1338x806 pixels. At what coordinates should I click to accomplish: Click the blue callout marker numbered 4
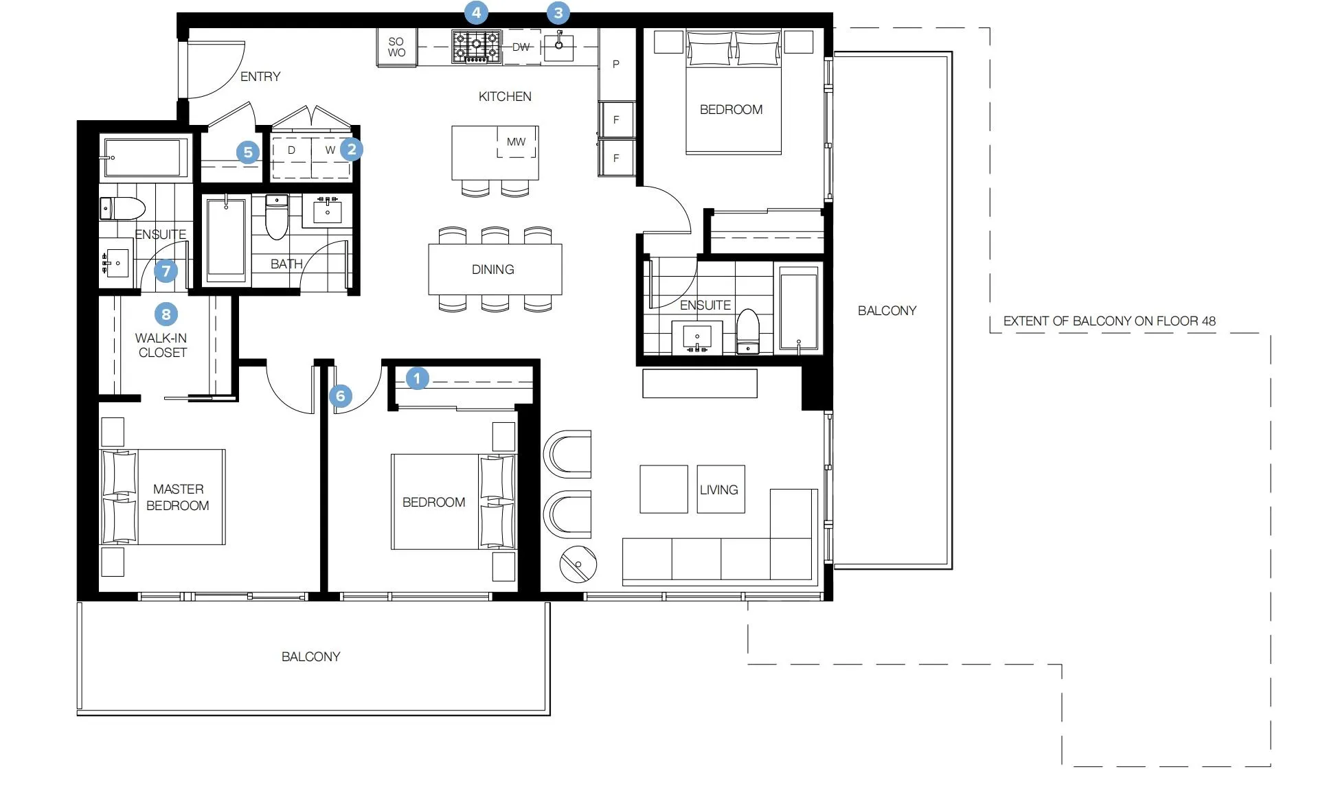coord(476,12)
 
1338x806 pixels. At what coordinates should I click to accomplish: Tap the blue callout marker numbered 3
coord(558,12)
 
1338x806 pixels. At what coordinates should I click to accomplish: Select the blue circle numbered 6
coord(340,395)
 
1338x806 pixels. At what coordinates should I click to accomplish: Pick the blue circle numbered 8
coord(166,314)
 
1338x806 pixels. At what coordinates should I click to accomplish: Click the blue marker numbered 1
coord(417,378)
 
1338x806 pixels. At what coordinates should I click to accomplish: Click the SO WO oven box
coord(396,47)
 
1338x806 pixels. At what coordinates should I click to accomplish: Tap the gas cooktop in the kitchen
coord(477,47)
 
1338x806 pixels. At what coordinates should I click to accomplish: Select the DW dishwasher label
coord(521,47)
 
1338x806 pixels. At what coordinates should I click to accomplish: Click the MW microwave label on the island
coord(516,141)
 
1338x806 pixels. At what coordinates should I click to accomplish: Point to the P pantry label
coord(616,64)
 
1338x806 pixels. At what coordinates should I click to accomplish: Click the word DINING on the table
coord(492,269)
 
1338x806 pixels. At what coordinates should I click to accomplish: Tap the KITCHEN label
coord(505,96)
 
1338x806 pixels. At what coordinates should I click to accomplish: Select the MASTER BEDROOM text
coord(178,497)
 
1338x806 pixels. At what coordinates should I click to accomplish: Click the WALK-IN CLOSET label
coord(161,345)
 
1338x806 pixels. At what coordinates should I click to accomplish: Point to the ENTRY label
coord(260,76)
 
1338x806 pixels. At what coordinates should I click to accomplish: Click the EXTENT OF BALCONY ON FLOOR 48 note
coord(1109,321)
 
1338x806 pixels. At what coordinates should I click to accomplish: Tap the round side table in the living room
coord(578,564)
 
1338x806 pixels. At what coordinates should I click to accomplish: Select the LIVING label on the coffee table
coord(719,490)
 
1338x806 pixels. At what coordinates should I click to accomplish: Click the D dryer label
coord(291,150)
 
